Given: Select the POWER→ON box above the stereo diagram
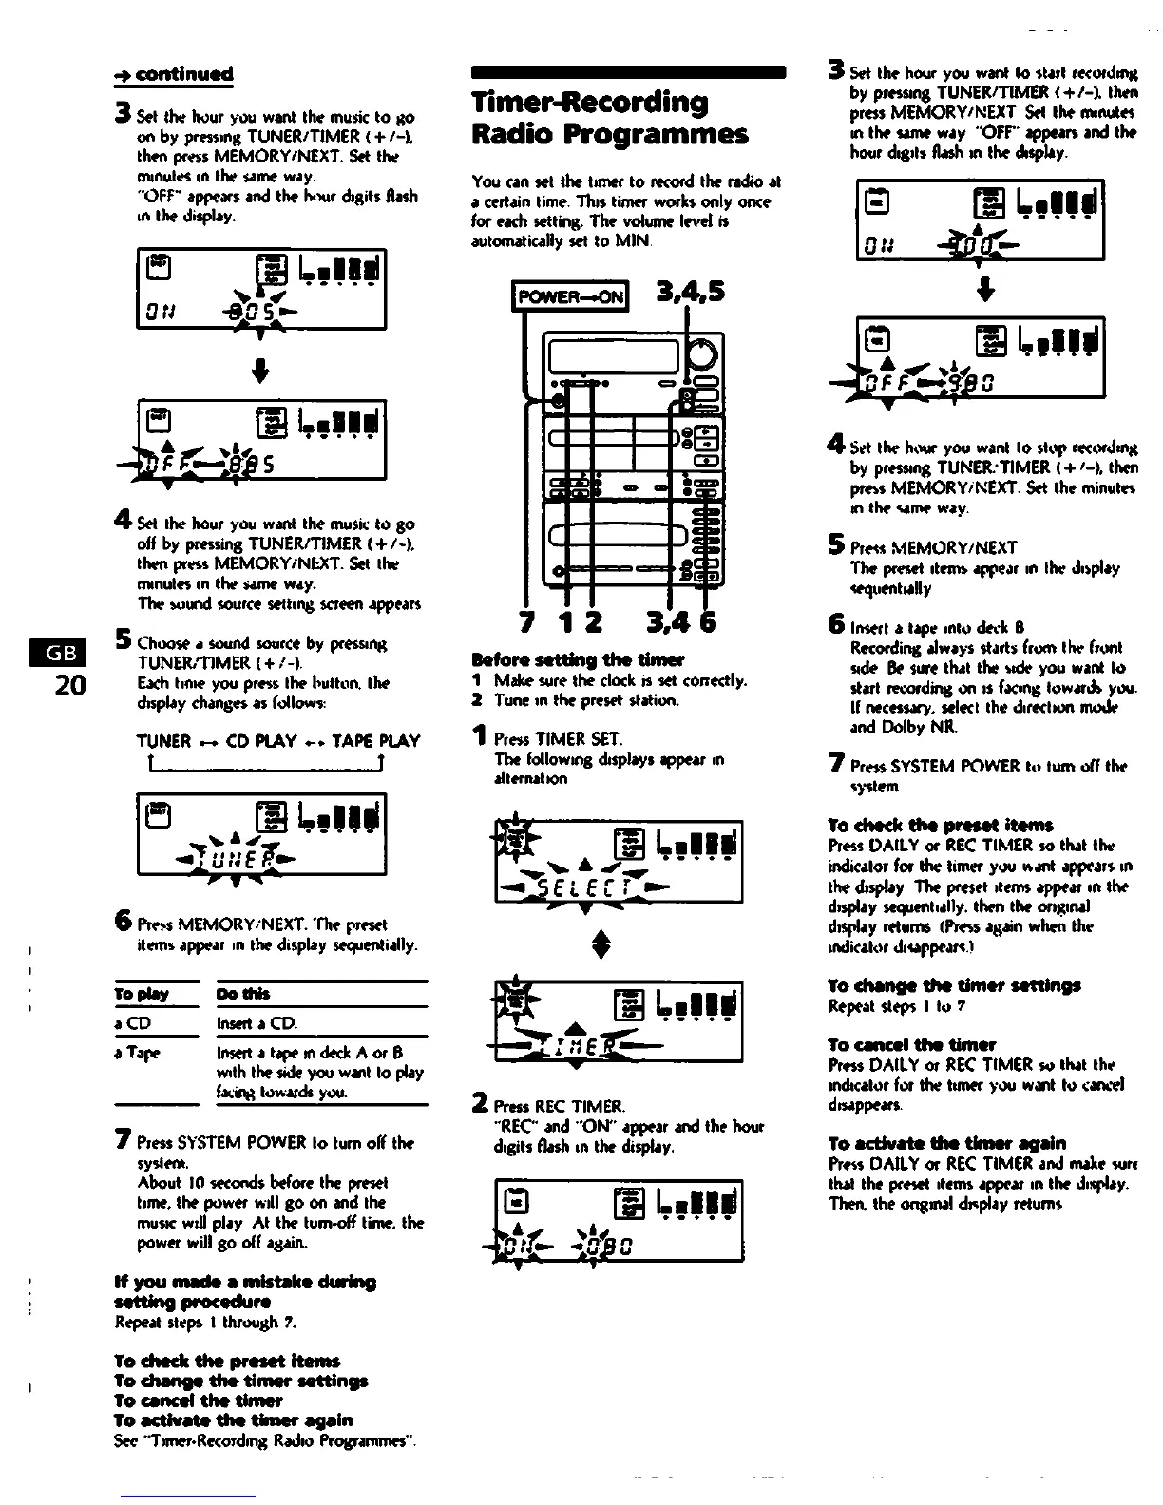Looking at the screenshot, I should point(568,295).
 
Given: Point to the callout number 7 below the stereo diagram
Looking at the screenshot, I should point(525,623).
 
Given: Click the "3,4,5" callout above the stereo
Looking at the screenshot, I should point(690,291).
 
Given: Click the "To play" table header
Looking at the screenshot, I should point(141,994).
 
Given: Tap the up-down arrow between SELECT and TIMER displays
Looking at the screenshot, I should point(620,945).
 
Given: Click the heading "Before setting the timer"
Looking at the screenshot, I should point(578,659).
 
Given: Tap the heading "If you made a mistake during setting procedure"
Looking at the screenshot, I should point(244,1291).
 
